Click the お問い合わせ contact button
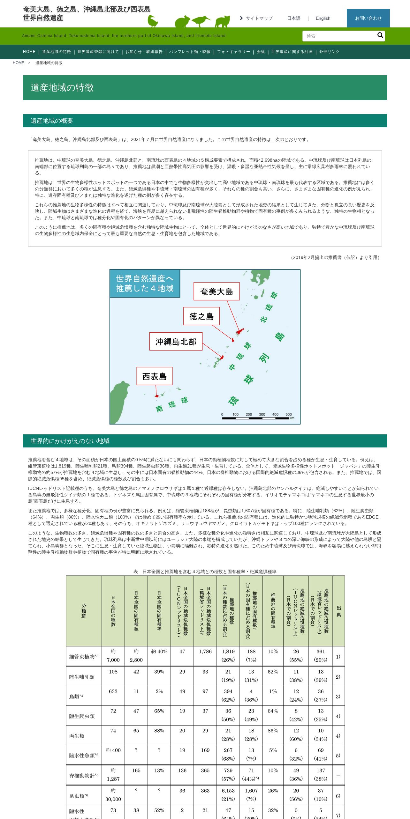coord(368,18)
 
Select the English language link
coord(323,18)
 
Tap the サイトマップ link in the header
coord(259,18)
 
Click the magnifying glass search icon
coord(380,35)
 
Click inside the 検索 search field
coord(338,36)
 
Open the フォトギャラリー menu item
coord(233,52)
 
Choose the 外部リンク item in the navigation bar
coord(329,52)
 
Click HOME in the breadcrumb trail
coord(19,63)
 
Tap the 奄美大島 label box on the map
coord(216,291)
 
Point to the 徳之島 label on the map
coord(201,316)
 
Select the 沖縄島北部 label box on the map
coord(176,342)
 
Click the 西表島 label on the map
coord(155,376)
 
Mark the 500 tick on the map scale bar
coord(289,415)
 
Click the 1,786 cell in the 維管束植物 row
coord(205,652)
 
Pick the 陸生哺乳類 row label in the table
coord(82,677)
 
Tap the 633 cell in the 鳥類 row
coord(113,691)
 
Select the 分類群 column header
coord(84,611)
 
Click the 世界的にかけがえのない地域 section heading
coord(70,441)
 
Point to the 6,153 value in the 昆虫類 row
coord(228,791)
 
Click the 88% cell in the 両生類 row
coord(159,730)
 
